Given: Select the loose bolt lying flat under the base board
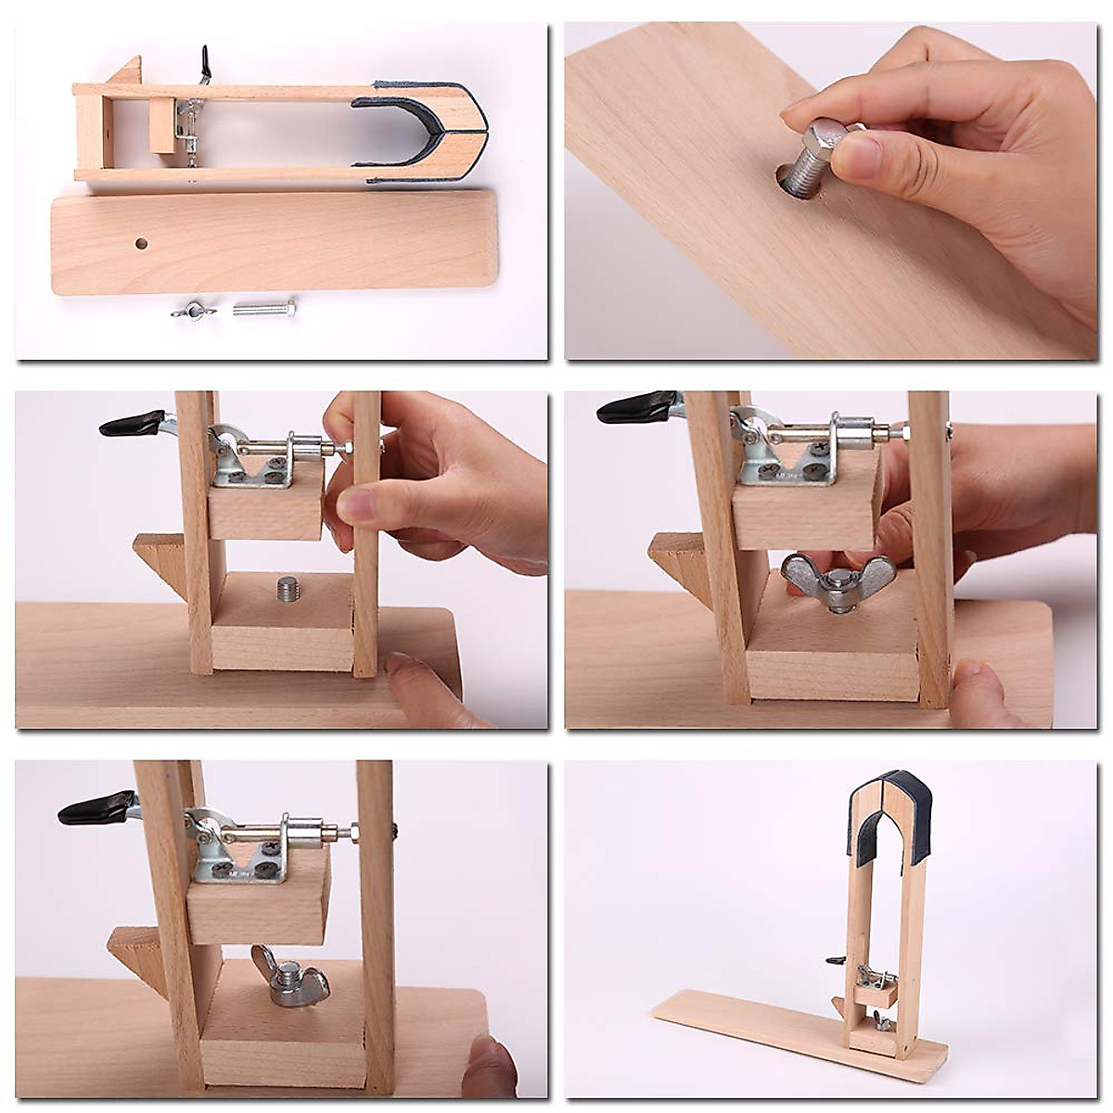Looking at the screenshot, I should click(x=263, y=307).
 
